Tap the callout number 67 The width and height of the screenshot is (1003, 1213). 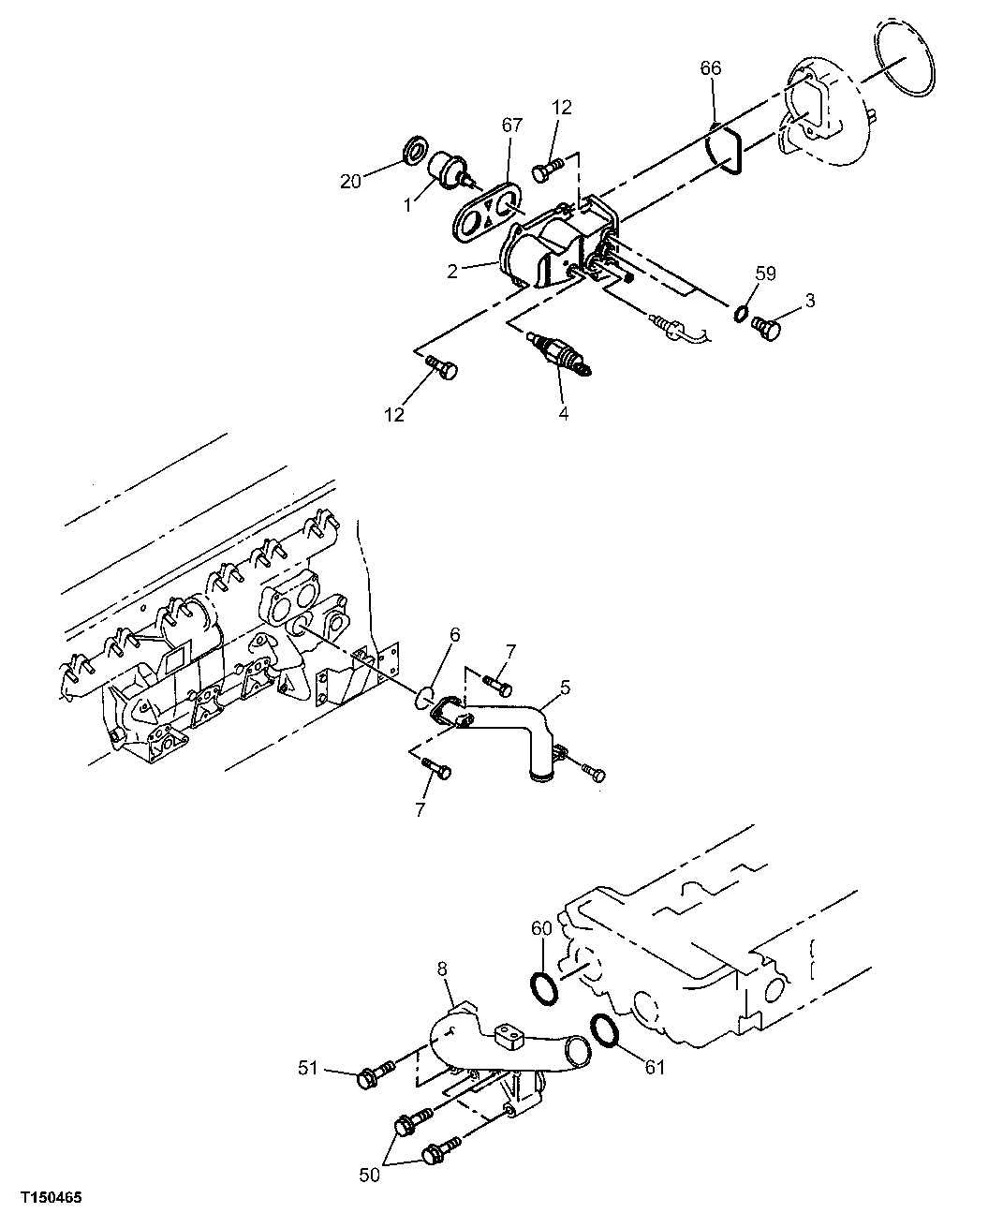(x=511, y=126)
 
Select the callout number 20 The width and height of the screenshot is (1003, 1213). (x=350, y=182)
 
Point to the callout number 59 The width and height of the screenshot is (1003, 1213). (x=767, y=274)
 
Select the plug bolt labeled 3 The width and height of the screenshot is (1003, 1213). (x=766, y=328)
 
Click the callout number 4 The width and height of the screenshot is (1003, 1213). (x=564, y=411)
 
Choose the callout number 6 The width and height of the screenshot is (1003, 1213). (x=454, y=634)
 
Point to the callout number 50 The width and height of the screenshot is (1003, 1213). (x=371, y=1175)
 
